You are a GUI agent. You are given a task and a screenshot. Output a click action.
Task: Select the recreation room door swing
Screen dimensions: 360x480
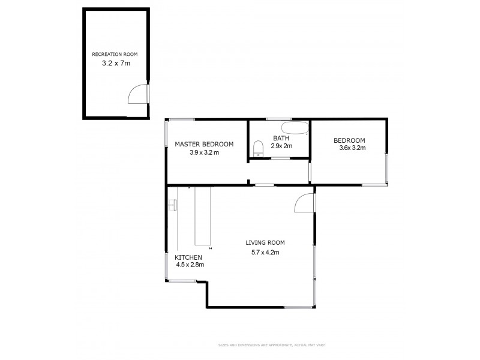pyautogui.click(x=137, y=94)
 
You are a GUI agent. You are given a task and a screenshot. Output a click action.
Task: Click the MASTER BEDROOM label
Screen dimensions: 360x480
pyautogui.click(x=204, y=144)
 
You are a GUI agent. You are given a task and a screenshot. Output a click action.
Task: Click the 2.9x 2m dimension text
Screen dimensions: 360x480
pyautogui.click(x=281, y=146)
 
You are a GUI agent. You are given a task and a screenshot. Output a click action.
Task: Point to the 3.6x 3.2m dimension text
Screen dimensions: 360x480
pyautogui.click(x=352, y=148)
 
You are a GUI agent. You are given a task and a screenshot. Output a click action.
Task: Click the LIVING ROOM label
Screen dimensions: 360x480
pyautogui.click(x=265, y=243)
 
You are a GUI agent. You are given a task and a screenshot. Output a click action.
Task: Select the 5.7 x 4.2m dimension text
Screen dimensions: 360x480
pyautogui.click(x=265, y=252)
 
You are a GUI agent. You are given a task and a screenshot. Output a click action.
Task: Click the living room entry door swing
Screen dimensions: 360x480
pyautogui.click(x=304, y=204)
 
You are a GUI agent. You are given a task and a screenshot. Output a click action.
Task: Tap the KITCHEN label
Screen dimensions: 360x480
pyautogui.click(x=188, y=257)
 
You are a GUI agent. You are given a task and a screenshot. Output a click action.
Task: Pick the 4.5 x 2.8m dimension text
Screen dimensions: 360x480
pyautogui.click(x=190, y=264)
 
